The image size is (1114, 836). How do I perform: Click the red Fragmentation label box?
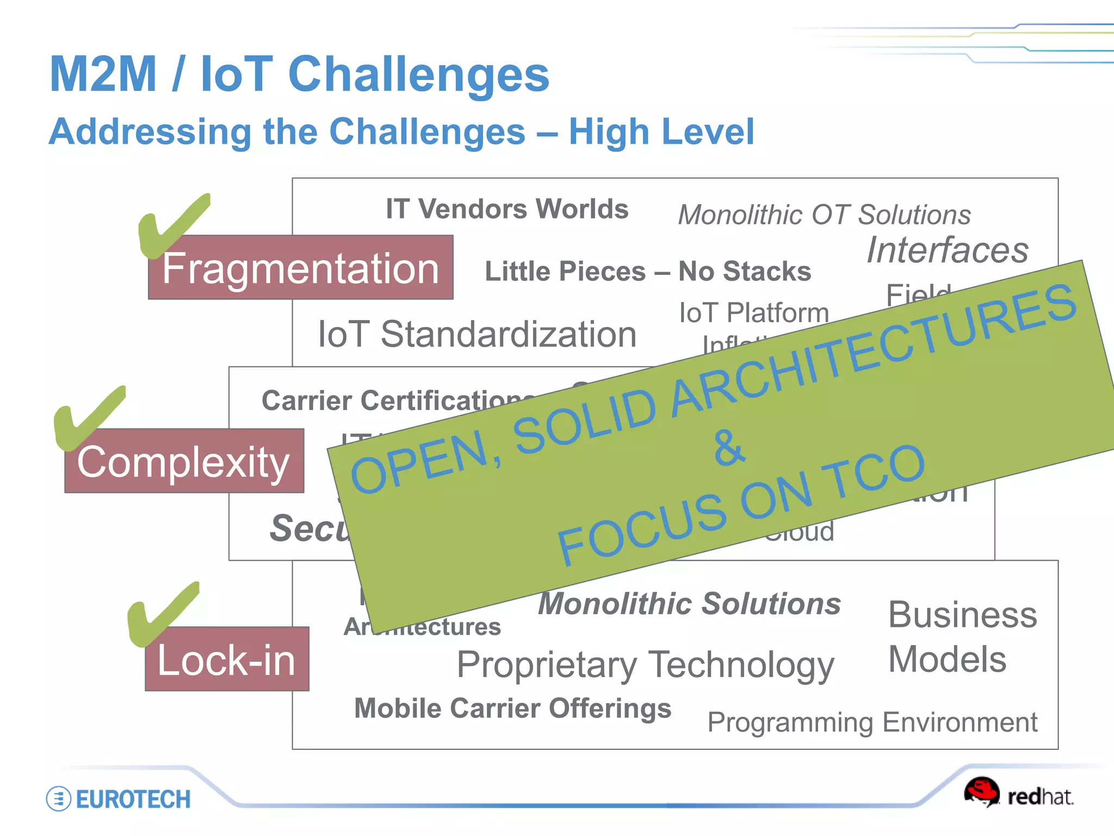(x=300, y=268)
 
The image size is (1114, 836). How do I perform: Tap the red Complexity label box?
(x=184, y=462)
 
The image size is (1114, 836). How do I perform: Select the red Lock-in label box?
(x=227, y=659)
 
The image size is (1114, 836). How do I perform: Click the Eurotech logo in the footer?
(x=119, y=799)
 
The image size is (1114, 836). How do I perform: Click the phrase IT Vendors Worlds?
(x=507, y=209)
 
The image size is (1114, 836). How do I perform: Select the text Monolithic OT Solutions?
(x=824, y=215)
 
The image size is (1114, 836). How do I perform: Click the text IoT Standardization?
(x=477, y=334)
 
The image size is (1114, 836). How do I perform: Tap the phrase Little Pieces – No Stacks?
(x=647, y=271)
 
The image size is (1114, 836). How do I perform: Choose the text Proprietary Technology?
(x=645, y=665)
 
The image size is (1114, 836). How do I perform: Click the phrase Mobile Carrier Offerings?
(x=512, y=709)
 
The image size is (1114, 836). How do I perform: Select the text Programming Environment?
(x=872, y=723)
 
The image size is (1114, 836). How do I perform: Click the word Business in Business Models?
(x=962, y=615)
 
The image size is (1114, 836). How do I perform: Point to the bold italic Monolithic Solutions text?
(x=689, y=604)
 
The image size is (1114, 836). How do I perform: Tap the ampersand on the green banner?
(x=728, y=447)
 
